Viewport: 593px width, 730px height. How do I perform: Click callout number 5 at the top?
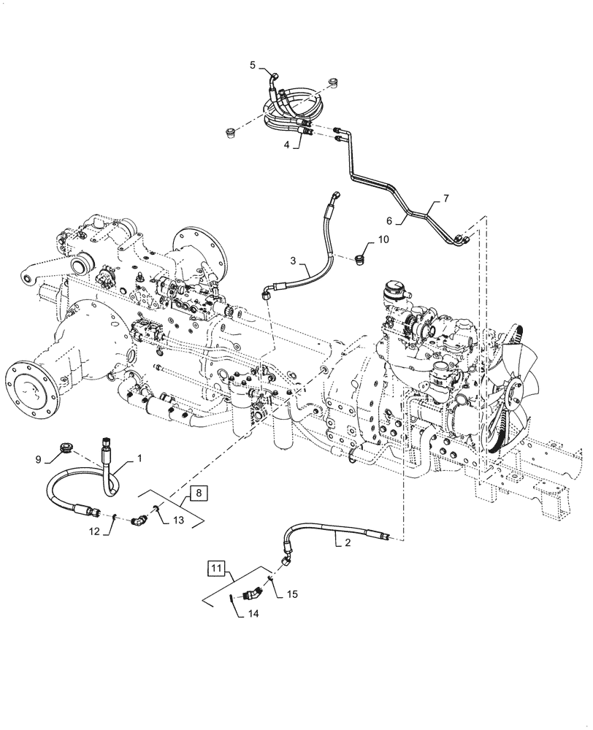(253, 65)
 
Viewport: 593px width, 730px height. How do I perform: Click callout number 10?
(383, 239)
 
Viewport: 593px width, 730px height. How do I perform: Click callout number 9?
(39, 460)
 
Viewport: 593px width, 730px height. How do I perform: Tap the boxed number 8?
(200, 493)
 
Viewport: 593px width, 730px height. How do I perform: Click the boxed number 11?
(217, 566)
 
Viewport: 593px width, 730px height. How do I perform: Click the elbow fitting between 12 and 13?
(138, 520)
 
